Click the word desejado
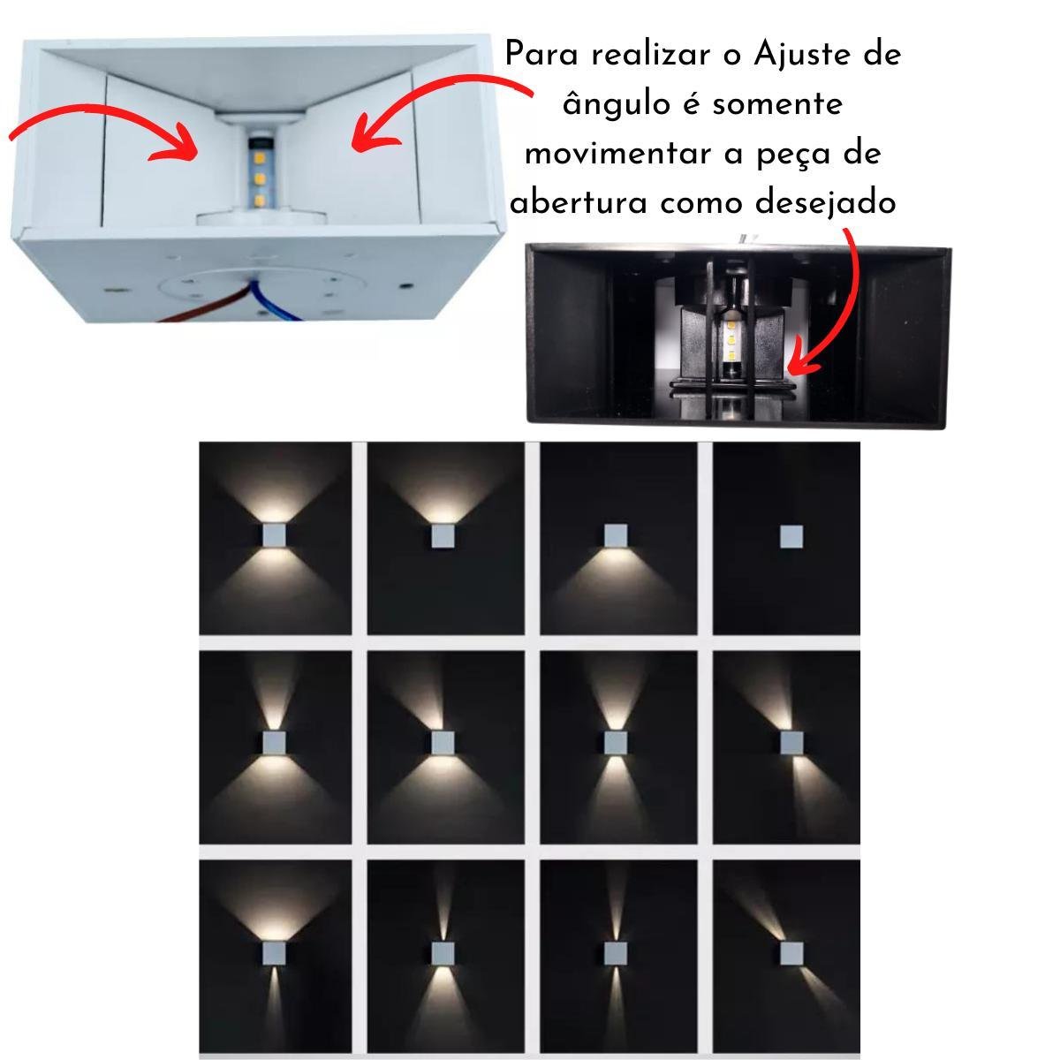click(x=826, y=202)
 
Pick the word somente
click(x=777, y=104)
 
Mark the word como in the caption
click(x=704, y=203)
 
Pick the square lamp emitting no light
click(x=791, y=536)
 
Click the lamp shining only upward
click(x=443, y=536)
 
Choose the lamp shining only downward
click(x=616, y=536)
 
